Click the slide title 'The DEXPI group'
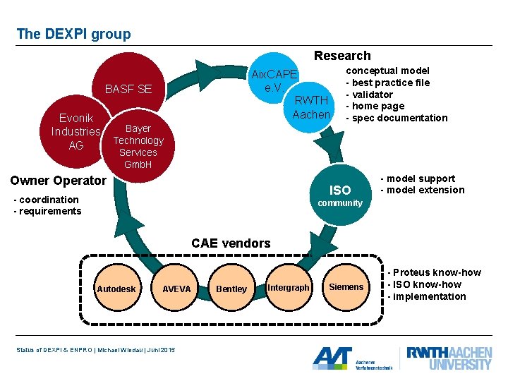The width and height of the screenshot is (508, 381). click(x=73, y=34)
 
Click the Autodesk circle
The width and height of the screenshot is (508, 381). click(x=116, y=289)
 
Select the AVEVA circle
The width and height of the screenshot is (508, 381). click(x=176, y=289)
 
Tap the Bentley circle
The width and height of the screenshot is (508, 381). click(x=231, y=289)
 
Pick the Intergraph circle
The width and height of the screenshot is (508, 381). click(x=289, y=288)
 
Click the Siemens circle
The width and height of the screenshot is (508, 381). click(x=346, y=287)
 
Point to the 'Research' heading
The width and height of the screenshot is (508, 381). click(x=342, y=56)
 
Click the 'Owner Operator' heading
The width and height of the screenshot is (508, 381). click(x=59, y=181)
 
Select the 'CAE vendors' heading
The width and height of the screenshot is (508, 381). click(x=231, y=243)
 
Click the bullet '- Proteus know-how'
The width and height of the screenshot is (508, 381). click(x=434, y=272)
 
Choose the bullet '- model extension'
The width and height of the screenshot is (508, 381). click(x=423, y=190)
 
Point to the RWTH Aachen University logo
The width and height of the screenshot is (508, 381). click(x=449, y=358)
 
